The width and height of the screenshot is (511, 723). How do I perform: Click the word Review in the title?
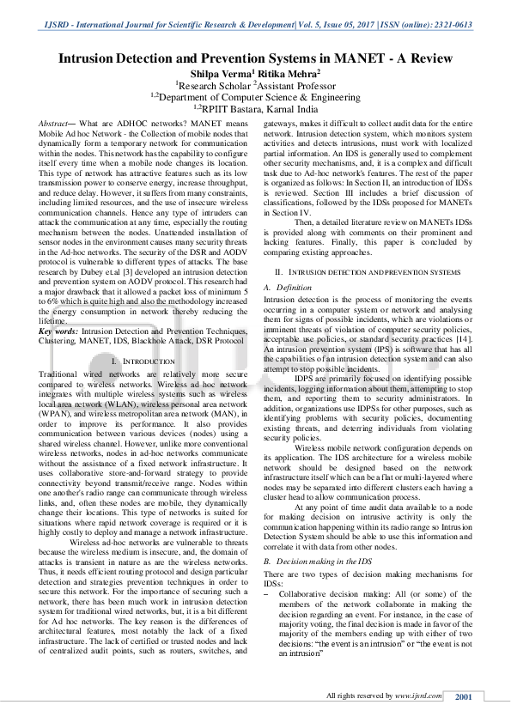429,58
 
